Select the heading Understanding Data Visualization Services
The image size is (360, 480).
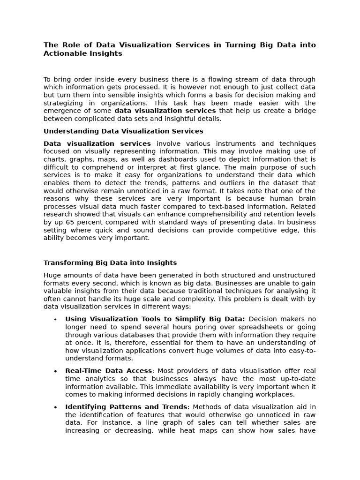click(123, 131)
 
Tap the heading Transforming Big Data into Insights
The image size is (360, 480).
click(110, 263)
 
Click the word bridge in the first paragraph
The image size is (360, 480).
click(304, 111)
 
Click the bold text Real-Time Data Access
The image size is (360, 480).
click(108, 371)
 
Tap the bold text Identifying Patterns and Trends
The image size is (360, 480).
click(126, 407)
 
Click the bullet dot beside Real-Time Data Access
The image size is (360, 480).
click(55, 371)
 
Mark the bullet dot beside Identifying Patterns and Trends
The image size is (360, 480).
click(55, 407)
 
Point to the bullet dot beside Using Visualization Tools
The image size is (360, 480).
click(55, 320)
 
